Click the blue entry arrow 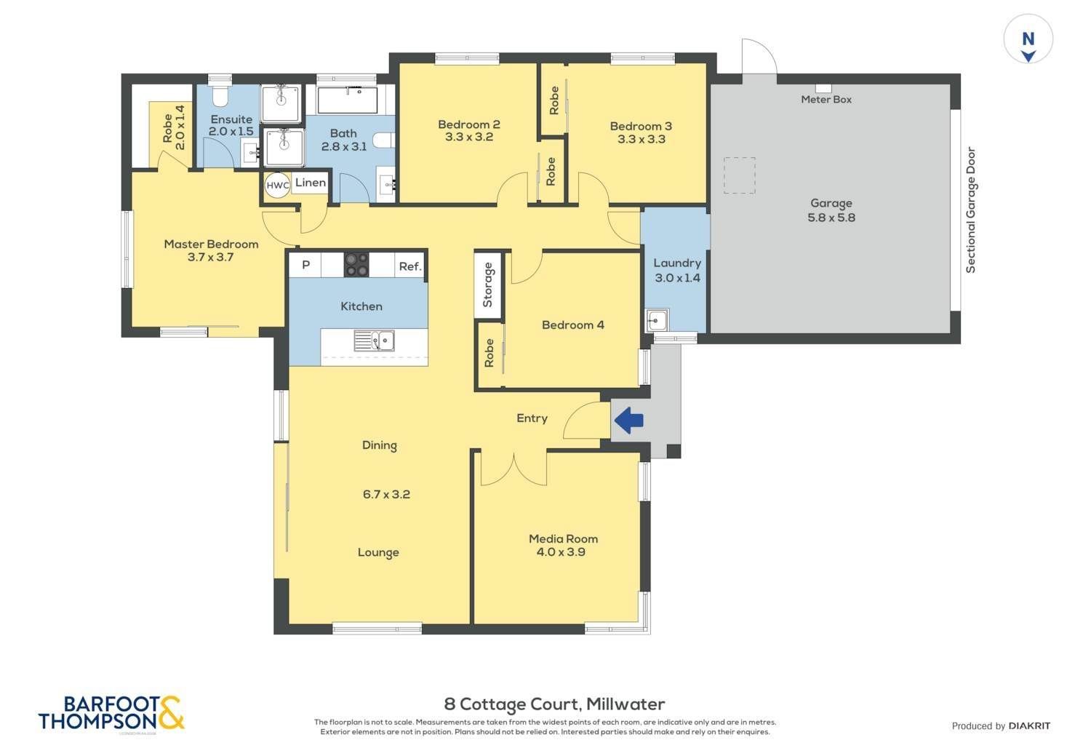pyautogui.click(x=629, y=421)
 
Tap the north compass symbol pyautogui.click(x=1028, y=39)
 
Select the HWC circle pyautogui.click(x=278, y=186)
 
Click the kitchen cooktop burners pyautogui.click(x=356, y=265)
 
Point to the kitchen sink pyautogui.click(x=374, y=341)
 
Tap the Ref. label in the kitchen pyautogui.click(x=409, y=266)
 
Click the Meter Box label pyautogui.click(x=826, y=100)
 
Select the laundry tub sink pyautogui.click(x=657, y=321)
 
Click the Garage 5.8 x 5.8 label pyautogui.click(x=831, y=210)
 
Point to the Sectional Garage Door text pyautogui.click(x=971, y=210)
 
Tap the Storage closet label pyautogui.click(x=487, y=285)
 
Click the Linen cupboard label pyautogui.click(x=311, y=183)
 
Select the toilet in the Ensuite pyautogui.click(x=220, y=97)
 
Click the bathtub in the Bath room pyautogui.click(x=347, y=100)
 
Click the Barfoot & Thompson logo pyautogui.click(x=111, y=714)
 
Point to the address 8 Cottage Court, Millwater pyautogui.click(x=554, y=704)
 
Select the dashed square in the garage pyautogui.click(x=740, y=175)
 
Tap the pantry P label pyautogui.click(x=306, y=265)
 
